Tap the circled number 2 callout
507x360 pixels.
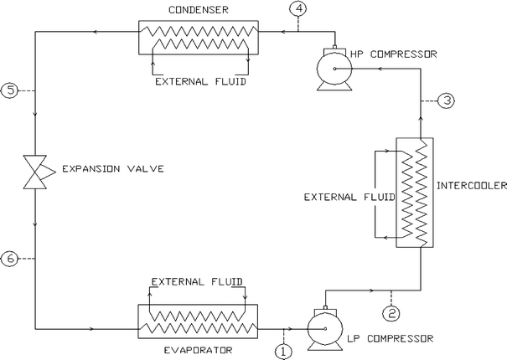(391, 314)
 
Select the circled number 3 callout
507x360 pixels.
(448, 100)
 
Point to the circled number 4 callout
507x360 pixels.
(299, 9)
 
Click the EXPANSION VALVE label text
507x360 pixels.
(108, 170)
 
